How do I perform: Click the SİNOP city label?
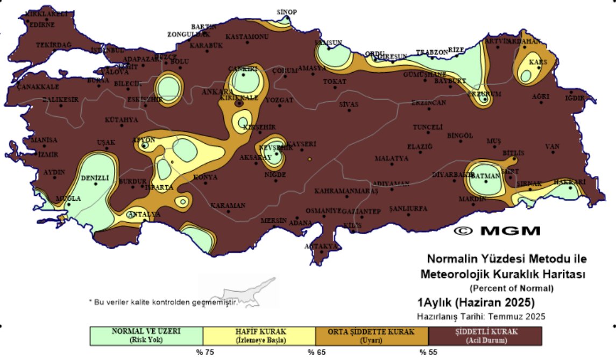click(287, 12)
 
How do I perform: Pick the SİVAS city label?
click(349, 104)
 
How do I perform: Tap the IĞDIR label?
click(574, 98)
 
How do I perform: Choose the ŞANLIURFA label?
click(408, 208)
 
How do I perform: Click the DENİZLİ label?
click(95, 178)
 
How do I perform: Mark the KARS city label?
click(538, 62)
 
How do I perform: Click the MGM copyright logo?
click(497, 231)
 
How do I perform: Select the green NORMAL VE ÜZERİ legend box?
click(146, 335)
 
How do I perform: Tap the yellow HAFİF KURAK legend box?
click(259, 335)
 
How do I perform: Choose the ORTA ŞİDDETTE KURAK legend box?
click(371, 335)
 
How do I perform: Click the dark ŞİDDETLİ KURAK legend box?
click(484, 335)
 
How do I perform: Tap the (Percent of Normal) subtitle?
click(511, 288)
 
